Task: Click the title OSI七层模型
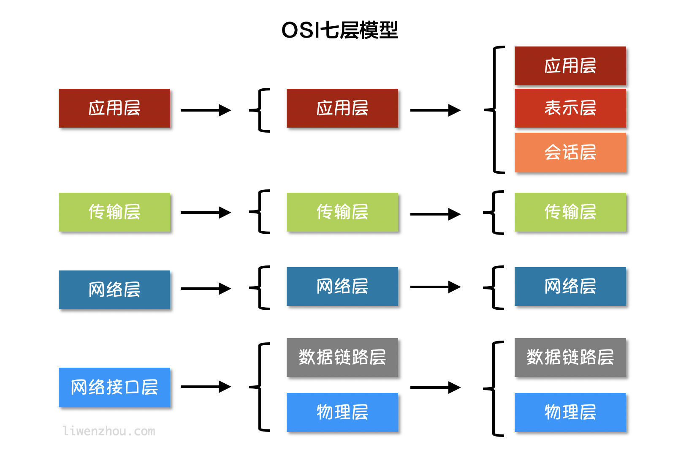point(340,30)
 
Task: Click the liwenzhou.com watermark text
point(109,431)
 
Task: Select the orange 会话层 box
point(570,152)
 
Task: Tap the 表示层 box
point(570,108)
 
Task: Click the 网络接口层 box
point(114,387)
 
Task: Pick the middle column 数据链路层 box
point(342,357)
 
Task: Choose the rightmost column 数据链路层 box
point(570,357)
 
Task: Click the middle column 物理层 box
point(342,412)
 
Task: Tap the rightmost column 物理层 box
point(570,412)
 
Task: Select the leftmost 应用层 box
point(114,108)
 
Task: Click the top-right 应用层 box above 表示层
point(570,66)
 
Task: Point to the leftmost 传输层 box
point(114,212)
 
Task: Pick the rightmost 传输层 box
point(570,212)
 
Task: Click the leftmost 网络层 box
point(114,289)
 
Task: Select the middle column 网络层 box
point(342,286)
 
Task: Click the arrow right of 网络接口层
point(206,387)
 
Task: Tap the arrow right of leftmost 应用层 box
point(206,110)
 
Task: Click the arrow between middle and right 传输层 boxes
point(435,214)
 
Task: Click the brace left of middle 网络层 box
point(260,288)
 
